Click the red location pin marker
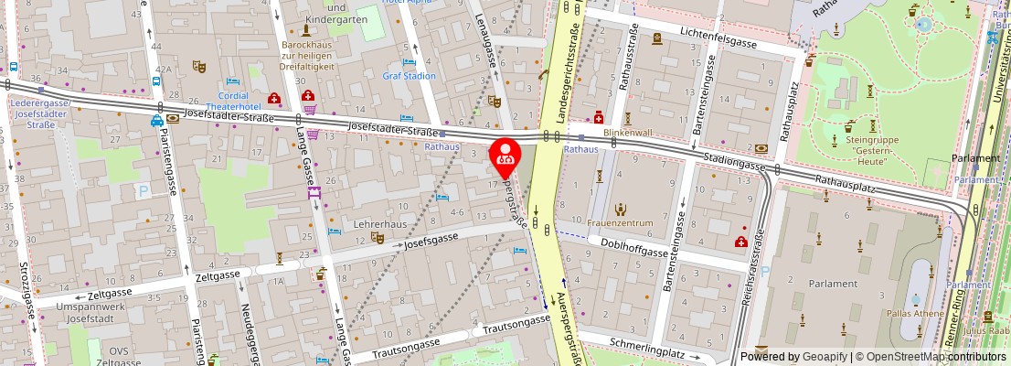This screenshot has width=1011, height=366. click(505, 156)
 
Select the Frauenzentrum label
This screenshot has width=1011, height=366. click(621, 223)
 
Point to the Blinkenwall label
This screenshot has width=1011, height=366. click(627, 133)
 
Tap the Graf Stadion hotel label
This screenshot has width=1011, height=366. click(409, 76)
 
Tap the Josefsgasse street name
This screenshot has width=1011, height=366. click(431, 242)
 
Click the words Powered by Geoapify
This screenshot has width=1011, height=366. click(794, 357)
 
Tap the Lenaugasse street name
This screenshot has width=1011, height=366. click(486, 37)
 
